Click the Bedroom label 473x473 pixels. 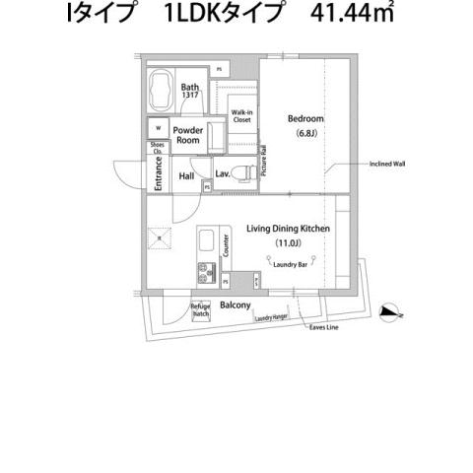click(x=305, y=119)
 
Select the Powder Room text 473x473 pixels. click(x=187, y=135)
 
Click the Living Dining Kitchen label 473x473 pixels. click(x=287, y=229)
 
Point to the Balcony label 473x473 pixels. click(x=234, y=305)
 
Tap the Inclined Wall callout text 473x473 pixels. click(x=386, y=164)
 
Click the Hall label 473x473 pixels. click(x=186, y=177)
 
